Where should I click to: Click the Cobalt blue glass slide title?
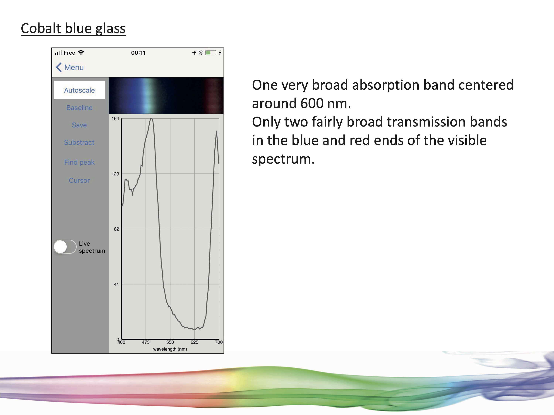pos(73,28)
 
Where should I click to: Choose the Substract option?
pos(79,142)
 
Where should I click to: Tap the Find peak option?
pos(79,162)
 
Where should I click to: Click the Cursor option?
pos(79,180)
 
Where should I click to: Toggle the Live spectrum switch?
pos(65,247)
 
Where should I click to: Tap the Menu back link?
pos(70,67)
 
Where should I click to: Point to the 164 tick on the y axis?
pos(115,119)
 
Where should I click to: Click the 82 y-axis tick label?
pos(117,229)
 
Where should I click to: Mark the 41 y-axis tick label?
pos(117,284)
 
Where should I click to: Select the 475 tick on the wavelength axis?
pos(146,342)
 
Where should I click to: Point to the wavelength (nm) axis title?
pos(170,349)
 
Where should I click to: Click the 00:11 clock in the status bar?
pos(138,53)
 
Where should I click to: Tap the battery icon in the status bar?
pos(211,53)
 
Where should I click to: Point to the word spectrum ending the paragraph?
pos(283,159)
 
